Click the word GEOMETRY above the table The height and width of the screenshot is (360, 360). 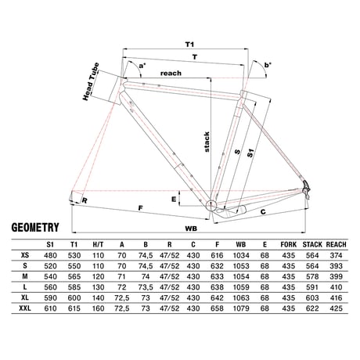click(x=35, y=227)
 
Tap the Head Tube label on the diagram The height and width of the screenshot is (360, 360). click(x=91, y=81)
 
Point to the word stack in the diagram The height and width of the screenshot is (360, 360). click(x=207, y=142)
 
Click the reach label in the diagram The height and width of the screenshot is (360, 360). click(x=171, y=74)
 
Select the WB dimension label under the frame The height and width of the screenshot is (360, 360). click(x=191, y=229)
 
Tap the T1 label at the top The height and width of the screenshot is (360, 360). click(x=189, y=45)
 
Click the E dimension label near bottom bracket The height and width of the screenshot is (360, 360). click(x=174, y=200)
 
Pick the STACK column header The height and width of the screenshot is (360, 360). click(x=312, y=245)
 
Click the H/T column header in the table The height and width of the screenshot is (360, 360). click(x=98, y=245)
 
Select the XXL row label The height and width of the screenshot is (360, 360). click(x=25, y=308)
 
